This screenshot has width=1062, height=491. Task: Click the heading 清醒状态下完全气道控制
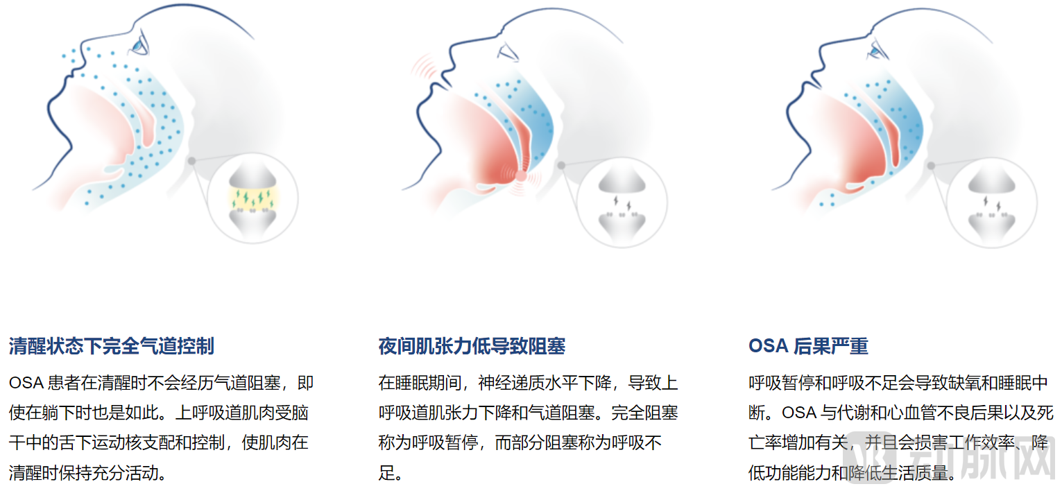[x=112, y=346]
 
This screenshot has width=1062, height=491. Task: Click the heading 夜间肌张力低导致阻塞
[x=472, y=346]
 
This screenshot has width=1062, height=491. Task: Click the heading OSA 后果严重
[x=808, y=346]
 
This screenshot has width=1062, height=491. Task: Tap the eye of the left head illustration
[x=142, y=44]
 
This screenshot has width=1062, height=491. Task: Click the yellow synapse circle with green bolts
[x=252, y=198]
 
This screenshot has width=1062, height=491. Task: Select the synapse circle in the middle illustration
[x=622, y=203]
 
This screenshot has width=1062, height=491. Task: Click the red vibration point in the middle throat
[x=521, y=176]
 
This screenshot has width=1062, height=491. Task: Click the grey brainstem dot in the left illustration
[x=191, y=161]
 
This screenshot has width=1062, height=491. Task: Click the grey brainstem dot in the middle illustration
[x=561, y=165]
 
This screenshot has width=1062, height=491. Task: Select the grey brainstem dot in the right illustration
[x=931, y=165]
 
